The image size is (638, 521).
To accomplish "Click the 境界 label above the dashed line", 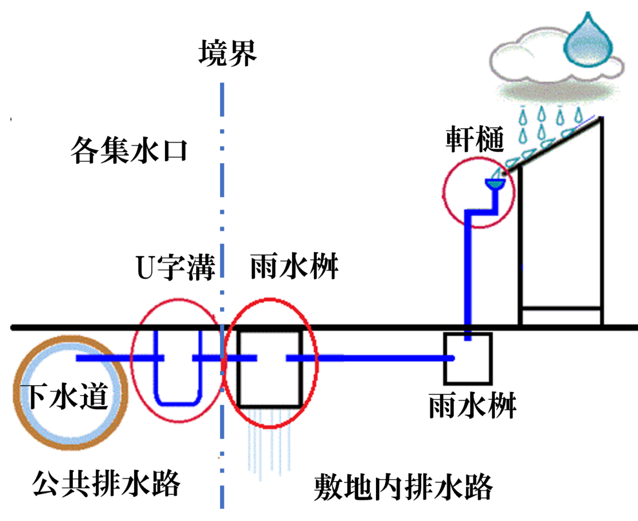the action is tap(228, 54).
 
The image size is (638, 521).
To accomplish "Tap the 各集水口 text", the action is tap(129, 150).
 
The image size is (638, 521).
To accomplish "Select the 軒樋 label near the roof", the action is tap(475, 139).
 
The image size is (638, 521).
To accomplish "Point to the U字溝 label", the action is tap(175, 267).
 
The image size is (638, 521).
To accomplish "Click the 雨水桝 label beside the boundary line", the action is tap(294, 266).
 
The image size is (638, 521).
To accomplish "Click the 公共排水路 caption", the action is tap(106, 483).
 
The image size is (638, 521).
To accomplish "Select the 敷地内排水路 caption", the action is tap(404, 488).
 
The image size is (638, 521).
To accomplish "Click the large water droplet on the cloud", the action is tap(588, 41).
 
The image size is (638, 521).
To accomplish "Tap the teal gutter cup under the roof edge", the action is tap(495, 184).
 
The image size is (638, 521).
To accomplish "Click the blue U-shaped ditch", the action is tap(178, 404).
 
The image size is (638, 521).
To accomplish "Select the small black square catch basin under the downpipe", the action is tap(444, 358).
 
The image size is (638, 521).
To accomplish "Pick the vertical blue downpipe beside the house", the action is tap(468, 272).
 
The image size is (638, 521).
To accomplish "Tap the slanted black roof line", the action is tap(552, 146).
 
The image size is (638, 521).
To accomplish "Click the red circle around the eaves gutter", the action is tap(443, 194).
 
